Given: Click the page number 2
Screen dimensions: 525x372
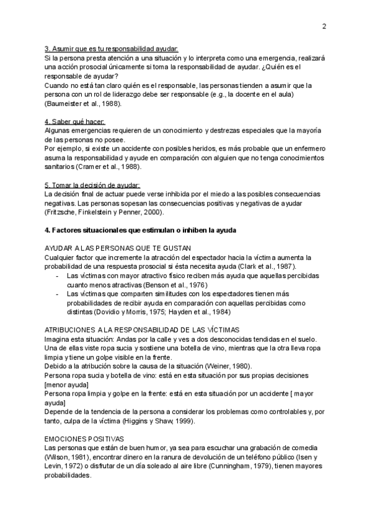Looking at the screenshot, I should tap(324, 26).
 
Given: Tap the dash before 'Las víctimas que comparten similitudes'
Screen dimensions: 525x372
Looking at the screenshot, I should tap(58, 293).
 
